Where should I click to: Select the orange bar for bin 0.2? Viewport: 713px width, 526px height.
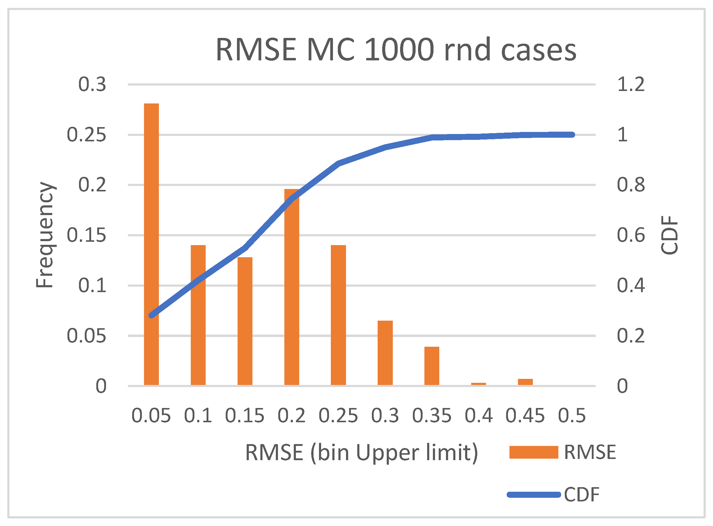click(x=291, y=287)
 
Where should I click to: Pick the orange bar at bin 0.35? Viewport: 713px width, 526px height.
click(x=432, y=366)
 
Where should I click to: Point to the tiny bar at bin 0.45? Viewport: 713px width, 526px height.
click(x=525, y=382)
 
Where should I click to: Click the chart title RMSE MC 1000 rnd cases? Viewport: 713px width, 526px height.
click(x=396, y=50)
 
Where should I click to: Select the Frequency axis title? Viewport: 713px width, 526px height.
click(x=44, y=235)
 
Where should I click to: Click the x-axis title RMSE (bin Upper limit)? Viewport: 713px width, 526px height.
click(x=361, y=453)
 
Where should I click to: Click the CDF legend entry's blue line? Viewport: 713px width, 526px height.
click(x=533, y=495)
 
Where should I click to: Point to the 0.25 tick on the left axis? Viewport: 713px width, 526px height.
click(x=86, y=135)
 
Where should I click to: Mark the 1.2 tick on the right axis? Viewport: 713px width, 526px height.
click(x=630, y=84)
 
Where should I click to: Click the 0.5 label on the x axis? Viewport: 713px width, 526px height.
click(x=572, y=416)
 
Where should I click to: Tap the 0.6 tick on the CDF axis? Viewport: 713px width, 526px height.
click(x=630, y=235)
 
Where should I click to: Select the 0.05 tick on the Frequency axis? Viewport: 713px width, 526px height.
click(x=86, y=336)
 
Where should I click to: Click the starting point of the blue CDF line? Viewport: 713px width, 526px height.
click(x=152, y=315)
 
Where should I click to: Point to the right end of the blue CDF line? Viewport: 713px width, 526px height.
click(x=572, y=135)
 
